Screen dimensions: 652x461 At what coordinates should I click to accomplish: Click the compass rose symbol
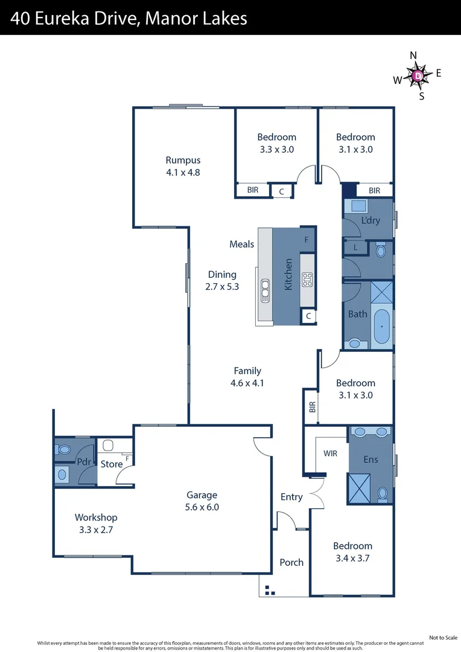click(418, 75)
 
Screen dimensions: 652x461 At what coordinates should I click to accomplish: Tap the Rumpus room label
click(183, 161)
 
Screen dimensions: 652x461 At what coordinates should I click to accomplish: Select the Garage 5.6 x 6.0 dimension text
click(202, 507)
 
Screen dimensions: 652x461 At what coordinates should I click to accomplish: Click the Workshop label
click(96, 517)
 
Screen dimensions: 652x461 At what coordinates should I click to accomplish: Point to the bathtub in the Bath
click(381, 327)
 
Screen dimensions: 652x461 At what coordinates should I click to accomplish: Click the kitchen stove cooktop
click(307, 278)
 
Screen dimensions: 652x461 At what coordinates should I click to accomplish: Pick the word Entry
click(291, 497)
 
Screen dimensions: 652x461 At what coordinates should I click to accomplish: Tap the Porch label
click(291, 562)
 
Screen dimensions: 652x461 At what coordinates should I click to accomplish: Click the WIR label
click(330, 452)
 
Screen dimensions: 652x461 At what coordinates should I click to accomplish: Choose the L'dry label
click(370, 220)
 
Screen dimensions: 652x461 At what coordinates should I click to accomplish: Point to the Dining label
click(222, 274)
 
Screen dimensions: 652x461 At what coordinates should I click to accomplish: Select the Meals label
click(241, 244)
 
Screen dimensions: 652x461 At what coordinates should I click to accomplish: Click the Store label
click(112, 464)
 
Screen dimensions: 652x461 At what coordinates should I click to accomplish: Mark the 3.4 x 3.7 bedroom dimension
click(353, 558)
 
